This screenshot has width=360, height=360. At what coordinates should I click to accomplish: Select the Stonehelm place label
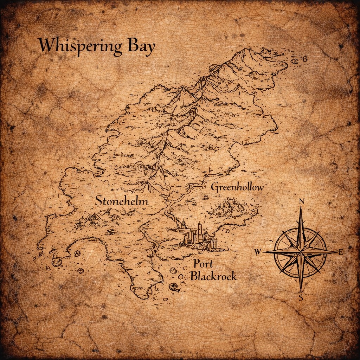pos(122,201)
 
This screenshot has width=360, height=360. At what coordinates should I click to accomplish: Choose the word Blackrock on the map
pos(213,276)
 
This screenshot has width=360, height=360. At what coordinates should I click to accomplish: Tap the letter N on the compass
pos(301,201)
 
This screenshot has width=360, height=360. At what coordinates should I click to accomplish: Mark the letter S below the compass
pos(301,298)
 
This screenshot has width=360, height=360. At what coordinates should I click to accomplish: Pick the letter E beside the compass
pos(340,252)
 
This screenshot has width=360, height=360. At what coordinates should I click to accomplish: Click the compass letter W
pos(258,252)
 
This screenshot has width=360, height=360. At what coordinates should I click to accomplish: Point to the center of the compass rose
pos(301,252)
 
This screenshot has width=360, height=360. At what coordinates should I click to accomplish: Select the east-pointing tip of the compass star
pos(336,252)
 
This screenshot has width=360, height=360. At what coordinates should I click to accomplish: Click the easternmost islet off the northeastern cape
pos(304,59)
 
